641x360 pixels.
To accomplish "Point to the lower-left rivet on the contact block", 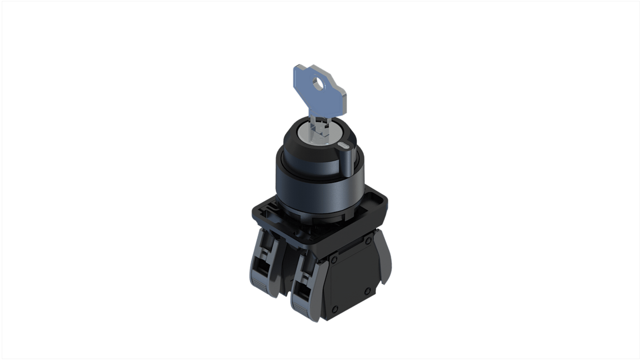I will pyautogui.click(x=334, y=309).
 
